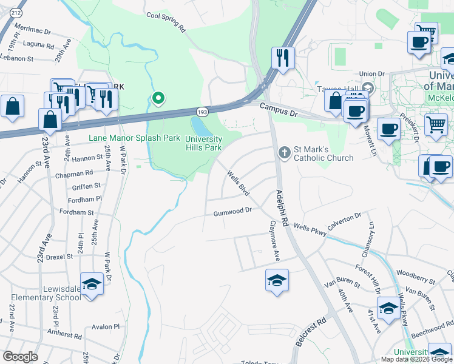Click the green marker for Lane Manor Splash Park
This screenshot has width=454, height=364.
(158, 98)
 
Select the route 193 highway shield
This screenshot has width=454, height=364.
(202, 112)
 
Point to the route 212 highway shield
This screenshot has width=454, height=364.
(16, 12)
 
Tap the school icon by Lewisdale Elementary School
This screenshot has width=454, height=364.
(92, 284)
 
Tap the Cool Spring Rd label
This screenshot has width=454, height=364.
(166, 21)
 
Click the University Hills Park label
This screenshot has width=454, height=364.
(203, 143)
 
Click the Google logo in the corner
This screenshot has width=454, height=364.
(20, 357)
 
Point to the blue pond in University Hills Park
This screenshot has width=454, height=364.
(198, 126)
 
